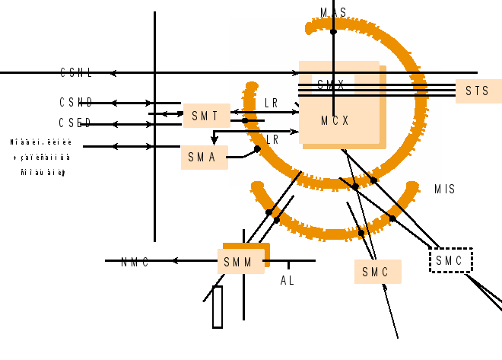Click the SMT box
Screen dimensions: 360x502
[x=205, y=116]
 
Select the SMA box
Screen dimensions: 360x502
[x=204, y=158]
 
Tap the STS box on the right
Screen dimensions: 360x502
[x=478, y=91]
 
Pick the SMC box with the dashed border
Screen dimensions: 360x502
[x=450, y=260]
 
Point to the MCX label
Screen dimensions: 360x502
[x=335, y=121]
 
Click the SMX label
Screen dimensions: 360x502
[x=331, y=85]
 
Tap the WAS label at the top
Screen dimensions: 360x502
[x=333, y=12]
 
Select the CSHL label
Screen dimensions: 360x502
[x=77, y=73]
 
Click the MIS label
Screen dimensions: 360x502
[x=445, y=189]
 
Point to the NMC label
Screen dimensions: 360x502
[x=135, y=263]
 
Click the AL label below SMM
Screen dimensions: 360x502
[x=287, y=281]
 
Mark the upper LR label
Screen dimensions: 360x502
[x=272, y=103]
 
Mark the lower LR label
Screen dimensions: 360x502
[x=272, y=140]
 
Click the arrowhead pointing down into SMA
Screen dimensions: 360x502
[x=214, y=140]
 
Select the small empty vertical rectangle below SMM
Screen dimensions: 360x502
[x=218, y=307]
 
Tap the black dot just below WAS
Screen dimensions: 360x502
[x=333, y=32]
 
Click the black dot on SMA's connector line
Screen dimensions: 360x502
[x=257, y=149]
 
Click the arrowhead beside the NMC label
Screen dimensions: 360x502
[x=174, y=260]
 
